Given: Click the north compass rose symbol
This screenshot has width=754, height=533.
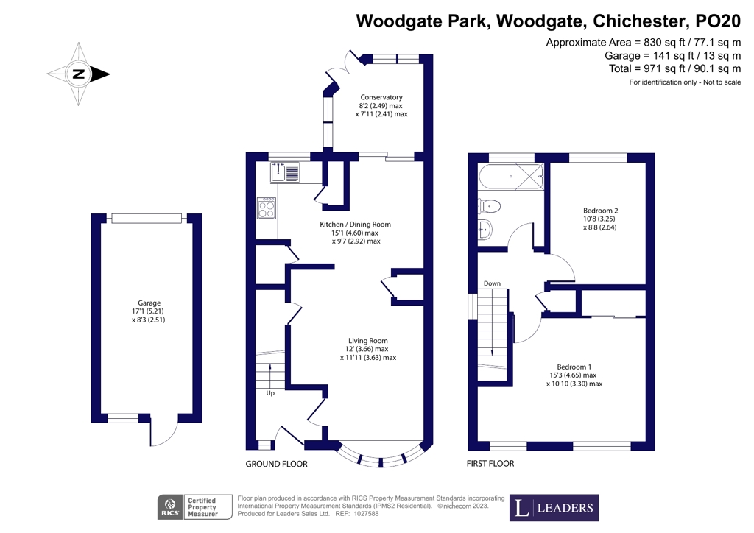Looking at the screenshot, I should (78, 74).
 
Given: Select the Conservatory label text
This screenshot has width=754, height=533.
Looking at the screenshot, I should (381, 105).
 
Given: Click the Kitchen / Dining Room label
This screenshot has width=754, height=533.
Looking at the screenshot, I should (355, 233).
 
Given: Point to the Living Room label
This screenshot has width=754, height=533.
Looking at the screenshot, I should (367, 349).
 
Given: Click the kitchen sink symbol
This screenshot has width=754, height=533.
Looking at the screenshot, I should (286, 172).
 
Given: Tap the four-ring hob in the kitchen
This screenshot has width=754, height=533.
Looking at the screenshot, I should (267, 209).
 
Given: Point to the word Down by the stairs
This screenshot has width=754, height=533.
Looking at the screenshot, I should (492, 283).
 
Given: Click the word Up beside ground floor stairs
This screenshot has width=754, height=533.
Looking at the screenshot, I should (271, 394).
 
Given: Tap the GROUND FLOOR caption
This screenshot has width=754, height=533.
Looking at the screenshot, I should (277, 464).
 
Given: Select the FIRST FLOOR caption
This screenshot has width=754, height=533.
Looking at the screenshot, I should (490, 464).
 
